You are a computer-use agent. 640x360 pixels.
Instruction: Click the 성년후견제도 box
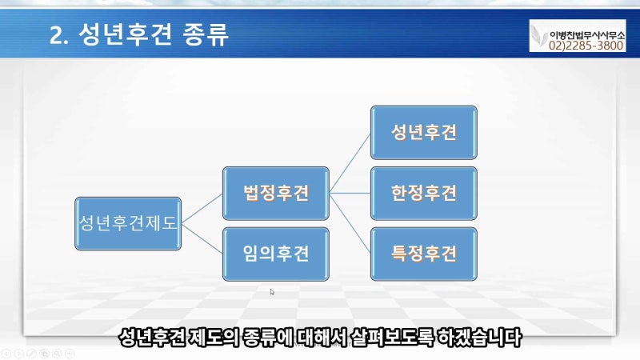click(x=128, y=224)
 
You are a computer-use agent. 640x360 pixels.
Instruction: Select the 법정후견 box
click(x=276, y=193)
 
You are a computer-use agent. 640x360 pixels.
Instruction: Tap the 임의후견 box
click(x=276, y=254)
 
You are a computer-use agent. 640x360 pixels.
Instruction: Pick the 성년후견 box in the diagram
click(x=424, y=132)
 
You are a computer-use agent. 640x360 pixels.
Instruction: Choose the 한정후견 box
click(x=424, y=193)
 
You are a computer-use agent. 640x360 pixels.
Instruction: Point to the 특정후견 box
click(x=424, y=254)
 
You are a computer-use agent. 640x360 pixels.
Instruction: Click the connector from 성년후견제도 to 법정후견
click(x=202, y=209)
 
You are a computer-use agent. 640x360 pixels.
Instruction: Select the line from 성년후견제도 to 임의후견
click(x=202, y=238)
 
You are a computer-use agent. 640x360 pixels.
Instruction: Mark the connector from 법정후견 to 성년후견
click(x=350, y=163)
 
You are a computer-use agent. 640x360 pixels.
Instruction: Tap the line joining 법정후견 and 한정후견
click(x=350, y=193)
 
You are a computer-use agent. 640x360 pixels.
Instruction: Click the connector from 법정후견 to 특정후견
click(x=350, y=223)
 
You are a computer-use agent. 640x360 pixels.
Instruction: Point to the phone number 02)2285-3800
click(x=586, y=46)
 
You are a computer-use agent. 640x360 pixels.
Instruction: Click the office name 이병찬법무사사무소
click(x=586, y=34)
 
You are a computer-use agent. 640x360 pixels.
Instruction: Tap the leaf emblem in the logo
click(x=539, y=36)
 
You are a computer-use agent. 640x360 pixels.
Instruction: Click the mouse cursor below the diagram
click(x=272, y=292)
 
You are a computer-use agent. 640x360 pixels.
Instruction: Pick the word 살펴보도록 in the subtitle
click(x=392, y=338)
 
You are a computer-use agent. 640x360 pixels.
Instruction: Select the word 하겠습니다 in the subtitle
click(x=479, y=338)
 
